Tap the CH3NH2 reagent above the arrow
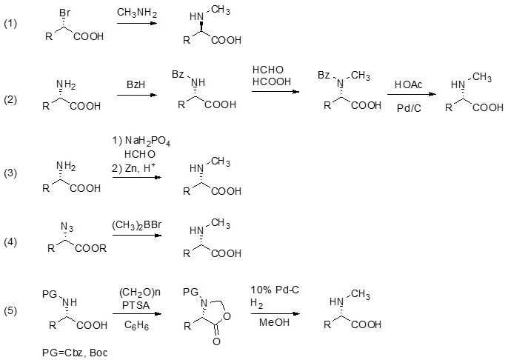[136, 13]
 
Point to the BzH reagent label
[135, 86]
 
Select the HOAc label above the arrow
[408, 85]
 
